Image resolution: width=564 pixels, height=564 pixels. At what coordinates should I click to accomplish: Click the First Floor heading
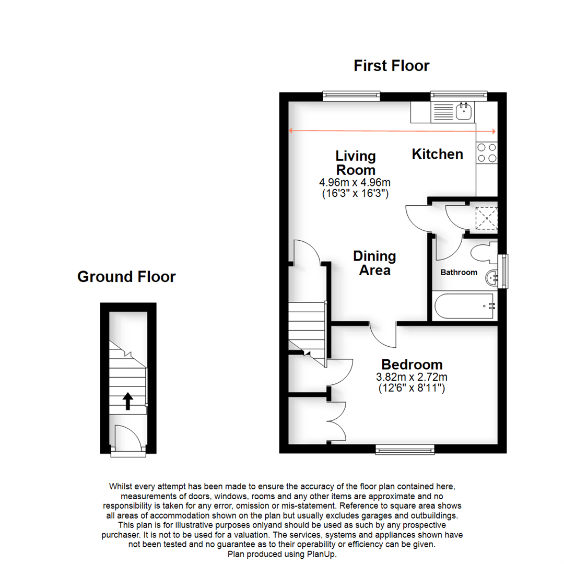pyautogui.click(x=391, y=66)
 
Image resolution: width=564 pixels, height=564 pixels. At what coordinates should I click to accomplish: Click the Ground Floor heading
pyautogui.click(x=126, y=276)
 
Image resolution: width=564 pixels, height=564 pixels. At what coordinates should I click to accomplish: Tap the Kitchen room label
pyautogui.click(x=437, y=154)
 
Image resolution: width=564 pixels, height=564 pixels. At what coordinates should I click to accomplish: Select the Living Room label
pyautogui.click(x=355, y=163)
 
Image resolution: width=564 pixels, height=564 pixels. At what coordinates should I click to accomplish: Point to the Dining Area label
pyautogui.click(x=374, y=263)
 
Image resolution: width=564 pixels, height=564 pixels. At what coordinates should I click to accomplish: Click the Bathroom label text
pyautogui.click(x=459, y=272)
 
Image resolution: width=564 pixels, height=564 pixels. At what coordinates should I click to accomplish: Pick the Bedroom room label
pyautogui.click(x=412, y=365)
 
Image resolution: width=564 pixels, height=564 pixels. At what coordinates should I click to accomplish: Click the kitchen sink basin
pyautogui.click(x=464, y=111)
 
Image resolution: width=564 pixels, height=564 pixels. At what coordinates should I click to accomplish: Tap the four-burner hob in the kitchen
pyautogui.click(x=486, y=152)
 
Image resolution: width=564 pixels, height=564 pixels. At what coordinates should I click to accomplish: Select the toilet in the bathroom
pyautogui.click(x=482, y=253)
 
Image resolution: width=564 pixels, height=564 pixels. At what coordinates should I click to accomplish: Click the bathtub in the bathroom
pyautogui.click(x=464, y=307)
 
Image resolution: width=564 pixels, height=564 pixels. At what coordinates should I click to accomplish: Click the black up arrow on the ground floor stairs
pyautogui.click(x=127, y=401)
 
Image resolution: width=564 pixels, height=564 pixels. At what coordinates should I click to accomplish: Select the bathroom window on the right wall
pyautogui.click(x=503, y=271)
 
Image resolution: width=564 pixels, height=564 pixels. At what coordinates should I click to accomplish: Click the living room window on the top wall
pyautogui.click(x=351, y=96)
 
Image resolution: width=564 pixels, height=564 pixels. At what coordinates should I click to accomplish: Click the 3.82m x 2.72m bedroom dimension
pyautogui.click(x=412, y=377)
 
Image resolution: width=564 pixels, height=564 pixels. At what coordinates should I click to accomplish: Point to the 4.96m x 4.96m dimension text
pyautogui.click(x=355, y=182)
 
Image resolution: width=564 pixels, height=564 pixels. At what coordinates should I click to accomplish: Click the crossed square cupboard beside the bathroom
pyautogui.click(x=485, y=219)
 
